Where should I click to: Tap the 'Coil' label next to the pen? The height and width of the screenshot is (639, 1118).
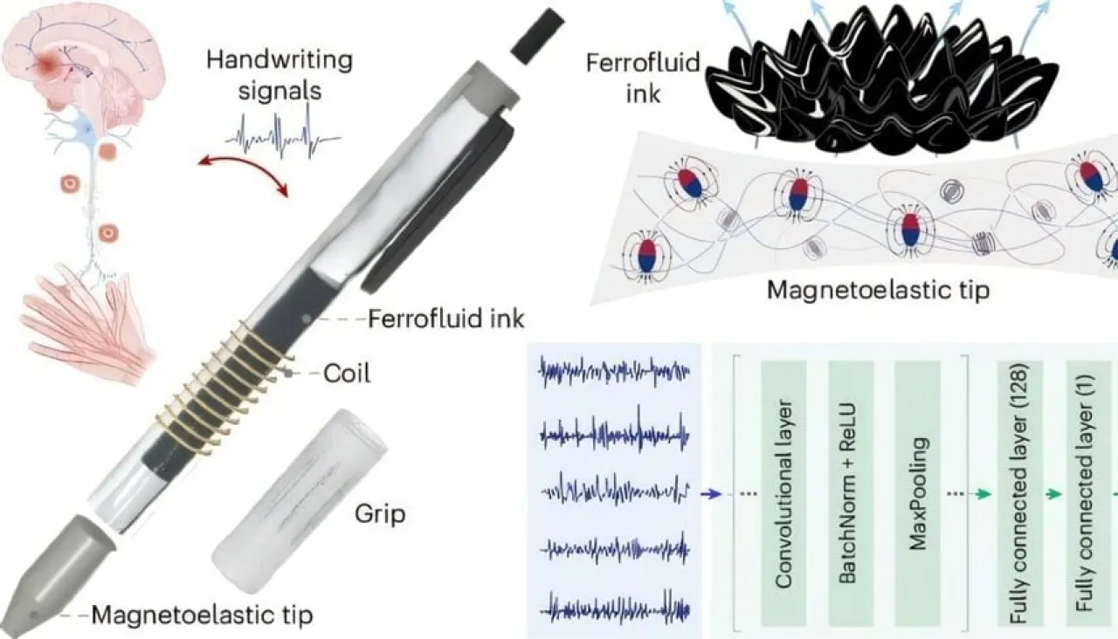(x=346, y=374)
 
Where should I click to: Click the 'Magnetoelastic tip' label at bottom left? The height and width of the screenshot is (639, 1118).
(x=202, y=615)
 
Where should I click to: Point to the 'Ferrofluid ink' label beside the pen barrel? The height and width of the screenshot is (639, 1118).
(x=446, y=319)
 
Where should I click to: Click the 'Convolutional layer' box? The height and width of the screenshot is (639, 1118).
(x=783, y=494)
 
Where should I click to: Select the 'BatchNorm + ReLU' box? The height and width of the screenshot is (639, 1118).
(x=849, y=494)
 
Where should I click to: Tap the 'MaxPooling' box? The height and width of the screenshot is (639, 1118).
(x=917, y=494)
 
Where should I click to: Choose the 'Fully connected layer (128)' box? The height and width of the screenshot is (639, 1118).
(x=1019, y=494)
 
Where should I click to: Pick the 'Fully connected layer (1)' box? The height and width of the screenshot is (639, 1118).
(x=1086, y=494)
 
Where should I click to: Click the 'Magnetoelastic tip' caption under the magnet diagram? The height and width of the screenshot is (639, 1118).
(x=877, y=290)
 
